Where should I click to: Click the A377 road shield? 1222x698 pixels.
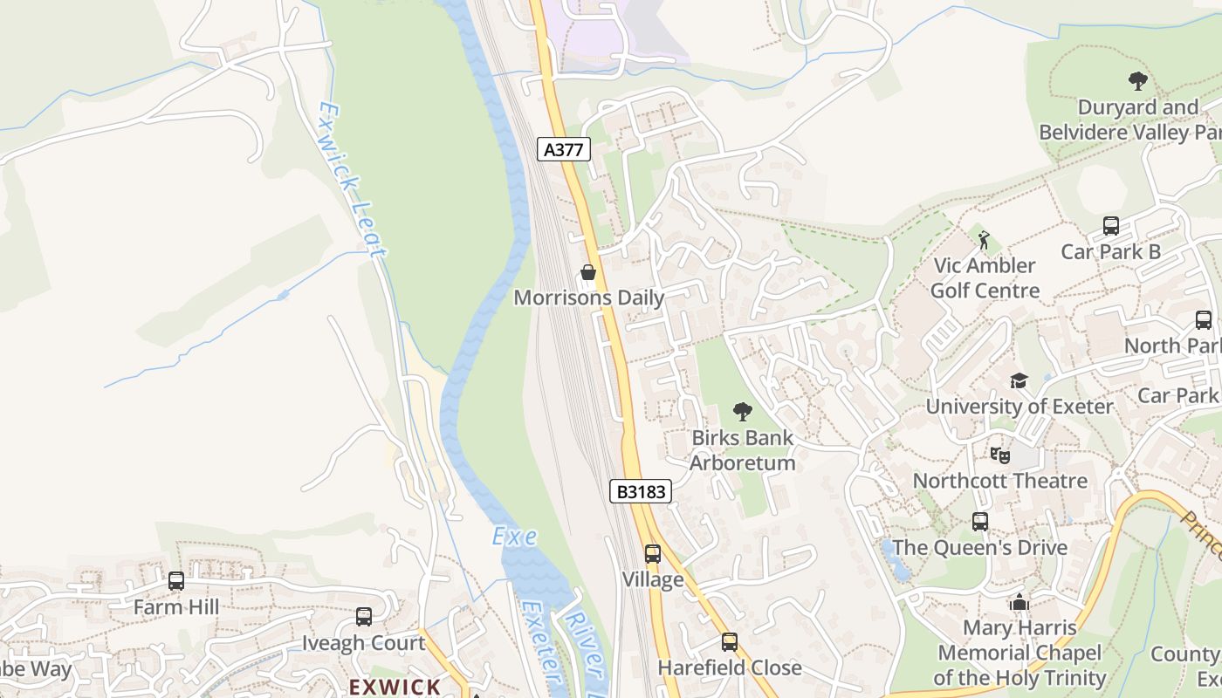tap(563, 149)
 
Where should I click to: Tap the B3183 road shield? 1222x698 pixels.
tap(641, 491)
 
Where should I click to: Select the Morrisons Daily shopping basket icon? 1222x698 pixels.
tap(588, 273)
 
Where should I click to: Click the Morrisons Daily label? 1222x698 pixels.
tap(588, 298)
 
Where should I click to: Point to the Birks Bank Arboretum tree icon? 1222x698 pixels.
tap(742, 411)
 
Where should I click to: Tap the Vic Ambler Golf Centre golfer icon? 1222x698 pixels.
tap(985, 240)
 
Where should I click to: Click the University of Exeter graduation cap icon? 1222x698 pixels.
tap(1019, 380)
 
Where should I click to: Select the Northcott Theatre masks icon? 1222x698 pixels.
tap(999, 455)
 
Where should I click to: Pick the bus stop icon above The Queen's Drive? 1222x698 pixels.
tap(980, 522)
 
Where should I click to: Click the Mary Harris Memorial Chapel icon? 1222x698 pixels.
tap(1019, 602)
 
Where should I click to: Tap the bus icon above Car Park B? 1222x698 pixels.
tap(1110, 226)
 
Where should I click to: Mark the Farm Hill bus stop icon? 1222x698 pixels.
tap(176, 581)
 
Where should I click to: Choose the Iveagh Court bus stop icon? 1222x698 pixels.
tap(364, 617)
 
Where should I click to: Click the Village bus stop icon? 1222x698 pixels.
tap(652, 554)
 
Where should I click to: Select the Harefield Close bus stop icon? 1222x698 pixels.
tap(729, 642)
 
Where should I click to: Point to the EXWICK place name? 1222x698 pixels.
tap(395, 687)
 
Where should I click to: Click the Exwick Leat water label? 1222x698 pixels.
tap(351, 180)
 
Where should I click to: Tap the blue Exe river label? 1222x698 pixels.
tap(514, 536)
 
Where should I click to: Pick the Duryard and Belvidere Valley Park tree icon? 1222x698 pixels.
tap(1137, 81)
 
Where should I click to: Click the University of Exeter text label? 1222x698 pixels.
tap(1019, 407)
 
